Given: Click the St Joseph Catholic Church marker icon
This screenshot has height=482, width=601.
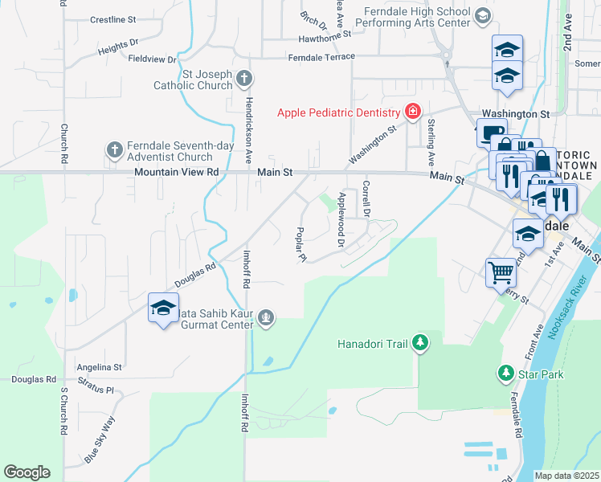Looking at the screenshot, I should tap(246, 79).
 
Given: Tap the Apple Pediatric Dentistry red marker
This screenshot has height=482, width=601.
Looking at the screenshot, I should tap(413, 112).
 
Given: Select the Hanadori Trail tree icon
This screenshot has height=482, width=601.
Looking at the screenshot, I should tap(419, 344).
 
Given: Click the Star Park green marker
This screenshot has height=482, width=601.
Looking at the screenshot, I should tap(506, 374).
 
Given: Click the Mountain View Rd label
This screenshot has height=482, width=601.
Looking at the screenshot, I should tap(177, 172).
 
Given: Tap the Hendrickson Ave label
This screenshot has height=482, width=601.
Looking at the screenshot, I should tap(249, 132).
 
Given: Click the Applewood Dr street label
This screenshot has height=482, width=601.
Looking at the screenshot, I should tap(341, 219).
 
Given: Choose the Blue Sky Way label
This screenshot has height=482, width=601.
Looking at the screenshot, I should tap(100, 437).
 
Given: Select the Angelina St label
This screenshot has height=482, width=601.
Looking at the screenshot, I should tap(99, 367).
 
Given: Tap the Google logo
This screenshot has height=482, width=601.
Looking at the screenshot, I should tap(27, 472).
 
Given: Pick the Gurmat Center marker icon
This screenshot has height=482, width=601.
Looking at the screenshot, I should tap(265, 320).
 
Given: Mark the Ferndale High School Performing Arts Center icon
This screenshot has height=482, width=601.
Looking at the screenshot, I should tap(482, 15).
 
